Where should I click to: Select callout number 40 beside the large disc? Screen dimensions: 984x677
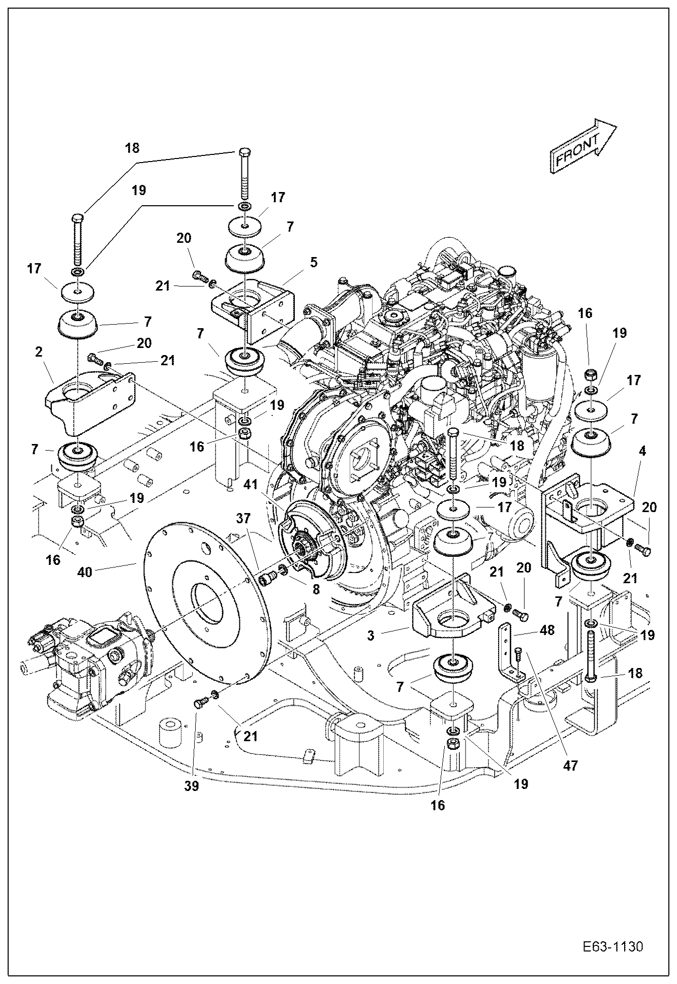click(x=85, y=572)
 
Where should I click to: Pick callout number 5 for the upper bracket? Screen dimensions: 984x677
click(x=314, y=262)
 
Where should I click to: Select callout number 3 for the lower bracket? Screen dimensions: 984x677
click(x=371, y=635)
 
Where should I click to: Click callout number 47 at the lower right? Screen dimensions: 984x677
click(x=571, y=765)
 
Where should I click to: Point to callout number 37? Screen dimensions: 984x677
click(x=244, y=518)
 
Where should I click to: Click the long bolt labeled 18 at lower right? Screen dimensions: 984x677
click(x=591, y=655)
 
